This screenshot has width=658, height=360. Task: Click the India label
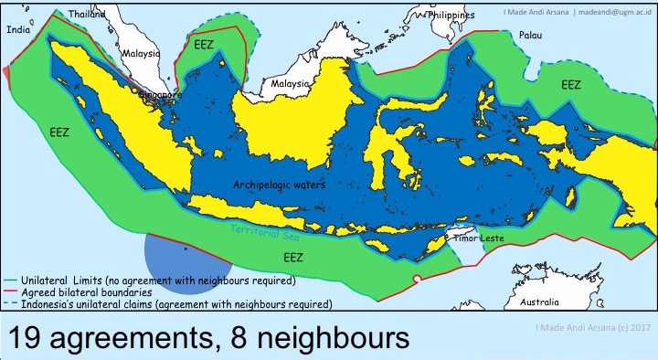[18, 30]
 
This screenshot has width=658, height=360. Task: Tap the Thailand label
[87, 15]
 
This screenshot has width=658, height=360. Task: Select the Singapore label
[157, 94]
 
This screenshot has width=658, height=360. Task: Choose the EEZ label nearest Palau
[571, 84]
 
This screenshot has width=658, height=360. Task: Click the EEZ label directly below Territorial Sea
[292, 259]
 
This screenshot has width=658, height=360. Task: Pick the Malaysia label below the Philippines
[291, 84]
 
